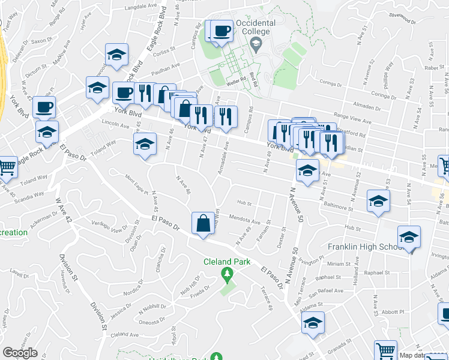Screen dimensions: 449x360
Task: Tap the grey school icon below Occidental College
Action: pyautogui.click(x=256, y=43)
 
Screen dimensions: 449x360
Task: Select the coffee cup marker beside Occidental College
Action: pyautogui.click(x=221, y=31)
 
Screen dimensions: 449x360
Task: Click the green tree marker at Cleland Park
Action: pyautogui.click(x=226, y=275)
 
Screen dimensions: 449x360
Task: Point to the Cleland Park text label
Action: pyautogui.click(x=226, y=262)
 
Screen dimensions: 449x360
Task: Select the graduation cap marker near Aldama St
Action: pyautogui.click(x=313, y=323)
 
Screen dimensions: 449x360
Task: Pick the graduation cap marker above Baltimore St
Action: pyautogui.click(x=378, y=201)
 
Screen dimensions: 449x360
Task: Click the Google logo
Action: pyautogui.click(x=20, y=353)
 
